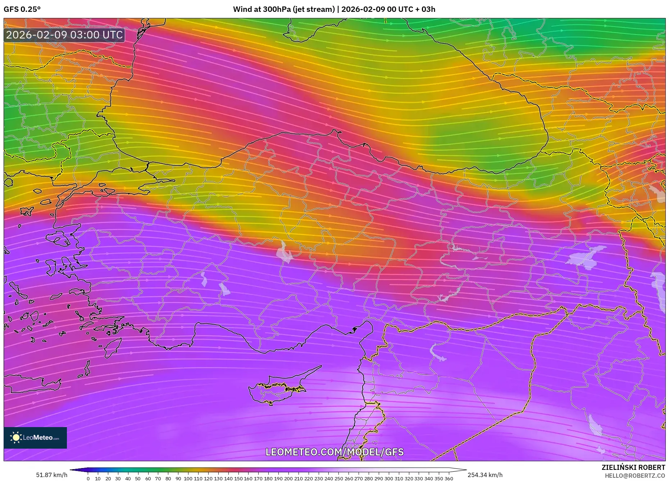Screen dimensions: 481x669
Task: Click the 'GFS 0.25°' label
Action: click(x=22, y=9)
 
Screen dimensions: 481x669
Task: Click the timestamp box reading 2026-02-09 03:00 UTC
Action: click(x=64, y=35)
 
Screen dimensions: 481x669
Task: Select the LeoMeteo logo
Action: click(x=35, y=438)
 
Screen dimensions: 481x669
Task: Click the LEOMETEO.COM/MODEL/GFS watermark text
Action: click(x=334, y=452)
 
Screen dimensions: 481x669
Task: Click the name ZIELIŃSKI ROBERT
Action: click(x=633, y=467)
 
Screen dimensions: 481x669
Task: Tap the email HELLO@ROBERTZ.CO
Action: click(x=634, y=476)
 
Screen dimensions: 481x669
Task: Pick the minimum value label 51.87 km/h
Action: click(x=52, y=475)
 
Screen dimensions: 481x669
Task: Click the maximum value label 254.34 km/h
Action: click(x=485, y=475)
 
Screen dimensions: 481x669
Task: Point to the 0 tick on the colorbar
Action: click(x=88, y=478)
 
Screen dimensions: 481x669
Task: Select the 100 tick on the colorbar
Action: click(x=188, y=478)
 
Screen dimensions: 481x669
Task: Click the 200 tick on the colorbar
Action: click(x=288, y=478)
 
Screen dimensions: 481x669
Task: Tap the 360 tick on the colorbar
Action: click(x=449, y=478)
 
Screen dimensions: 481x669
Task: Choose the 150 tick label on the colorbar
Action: click(x=238, y=478)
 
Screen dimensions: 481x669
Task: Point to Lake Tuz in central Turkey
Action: click(x=285, y=253)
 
